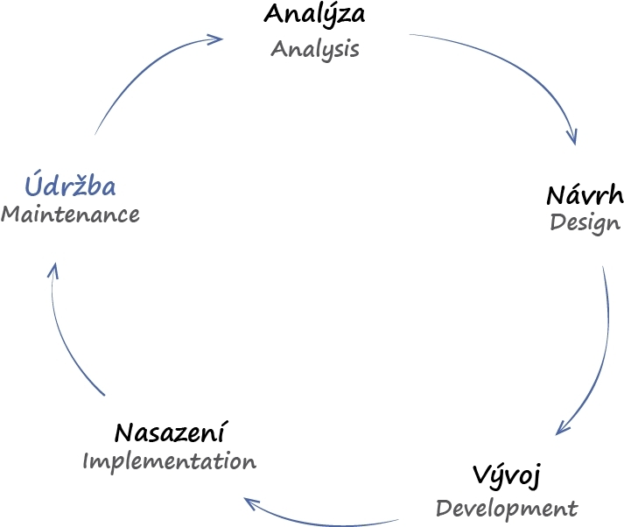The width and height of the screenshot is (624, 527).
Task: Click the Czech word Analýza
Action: click(314, 15)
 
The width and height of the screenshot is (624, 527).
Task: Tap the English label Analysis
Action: click(315, 48)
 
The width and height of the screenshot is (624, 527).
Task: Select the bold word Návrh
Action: click(585, 194)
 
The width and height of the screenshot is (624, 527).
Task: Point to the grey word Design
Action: click(585, 222)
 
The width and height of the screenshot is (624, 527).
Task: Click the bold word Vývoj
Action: click(508, 478)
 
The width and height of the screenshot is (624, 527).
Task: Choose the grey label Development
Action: click(507, 508)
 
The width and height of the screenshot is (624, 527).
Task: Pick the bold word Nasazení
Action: click(172, 432)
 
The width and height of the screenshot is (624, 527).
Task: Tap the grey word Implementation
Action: click(170, 461)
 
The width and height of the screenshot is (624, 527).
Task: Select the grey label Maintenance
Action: click(70, 214)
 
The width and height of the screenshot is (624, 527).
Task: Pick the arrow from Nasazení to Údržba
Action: click(66, 341)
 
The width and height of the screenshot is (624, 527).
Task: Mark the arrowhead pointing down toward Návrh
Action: click(573, 136)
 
